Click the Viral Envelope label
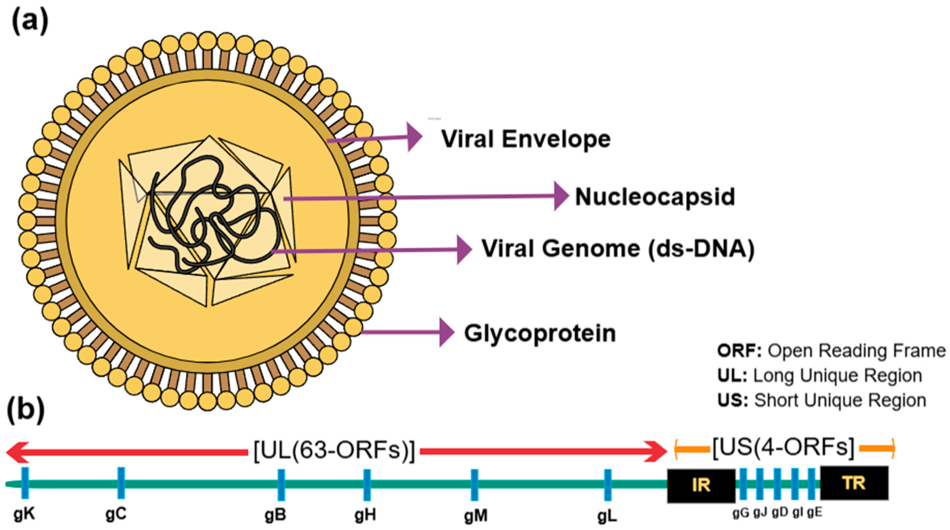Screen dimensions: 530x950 pos(526,140)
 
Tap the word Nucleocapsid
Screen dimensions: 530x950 pos(655,197)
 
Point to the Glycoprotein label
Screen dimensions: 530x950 pos(540,333)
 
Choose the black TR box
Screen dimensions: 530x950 pos(854,483)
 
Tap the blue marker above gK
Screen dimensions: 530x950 pos(25,483)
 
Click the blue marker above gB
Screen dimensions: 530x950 pos(281,485)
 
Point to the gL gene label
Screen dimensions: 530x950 pos(607,517)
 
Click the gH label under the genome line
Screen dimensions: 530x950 pos(366,515)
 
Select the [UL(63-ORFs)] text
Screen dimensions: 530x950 pos(334,451)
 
